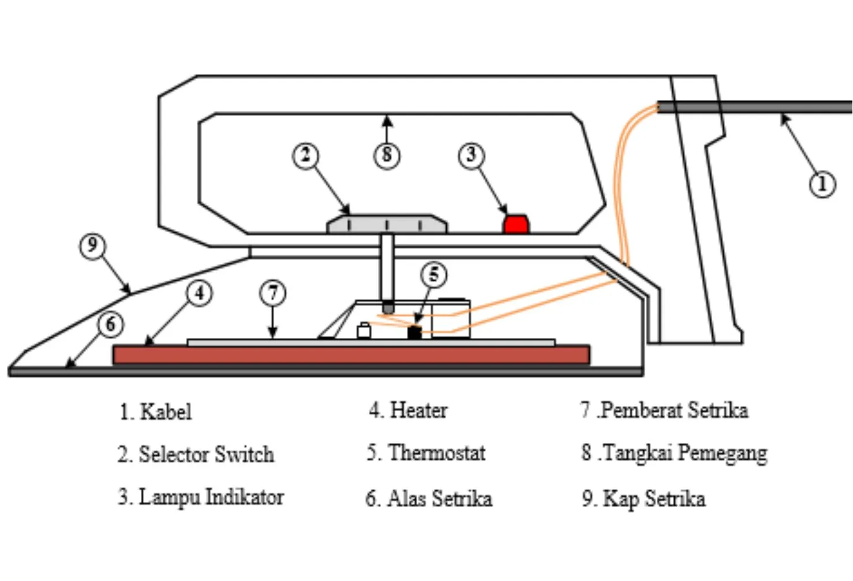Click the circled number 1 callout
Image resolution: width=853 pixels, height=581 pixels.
click(822, 184)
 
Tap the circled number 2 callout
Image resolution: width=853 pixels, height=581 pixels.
click(305, 155)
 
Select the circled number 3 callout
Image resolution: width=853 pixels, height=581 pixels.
click(471, 155)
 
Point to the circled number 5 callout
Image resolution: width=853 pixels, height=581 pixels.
click(433, 275)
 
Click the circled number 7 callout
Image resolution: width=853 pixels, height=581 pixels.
click(273, 293)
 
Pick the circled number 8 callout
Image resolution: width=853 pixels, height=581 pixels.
click(387, 155)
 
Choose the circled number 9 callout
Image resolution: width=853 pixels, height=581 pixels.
click(92, 246)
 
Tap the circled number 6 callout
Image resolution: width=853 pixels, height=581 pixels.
click(110, 325)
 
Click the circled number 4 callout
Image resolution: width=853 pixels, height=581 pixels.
click(199, 293)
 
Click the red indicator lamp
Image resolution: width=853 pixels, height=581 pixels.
click(515, 224)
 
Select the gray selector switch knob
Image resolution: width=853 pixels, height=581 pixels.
click(387, 224)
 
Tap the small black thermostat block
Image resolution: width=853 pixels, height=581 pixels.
click(414, 332)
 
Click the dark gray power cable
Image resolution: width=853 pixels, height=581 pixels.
click(756, 107)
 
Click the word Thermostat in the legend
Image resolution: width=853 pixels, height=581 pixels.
click(437, 453)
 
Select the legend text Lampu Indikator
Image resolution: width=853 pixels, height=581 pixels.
click(211, 497)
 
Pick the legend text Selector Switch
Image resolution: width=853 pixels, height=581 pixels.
click(206, 455)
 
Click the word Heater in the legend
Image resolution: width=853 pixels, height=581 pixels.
click(418, 411)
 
